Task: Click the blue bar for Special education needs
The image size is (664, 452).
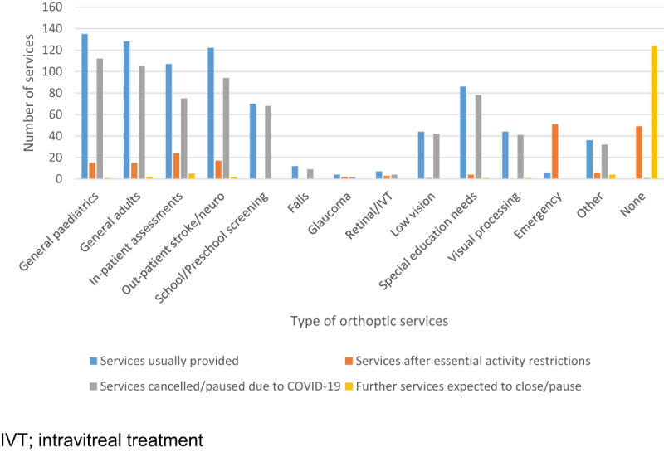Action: [x=463, y=133]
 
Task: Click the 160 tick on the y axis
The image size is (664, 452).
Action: [x=54, y=7]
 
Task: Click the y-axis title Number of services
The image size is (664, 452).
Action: [x=29, y=93]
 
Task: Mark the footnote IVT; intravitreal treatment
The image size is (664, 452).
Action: [x=102, y=435]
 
